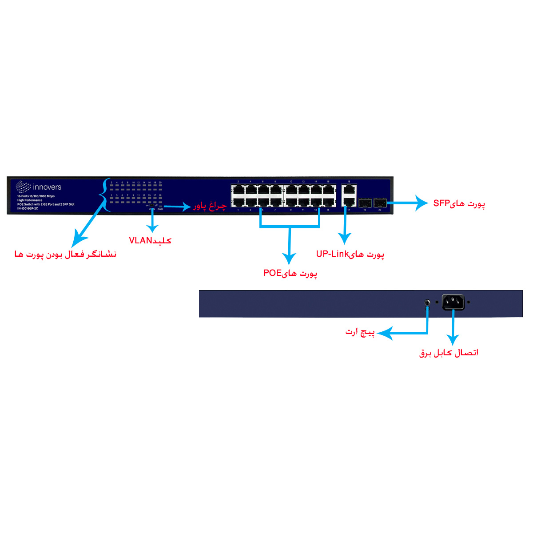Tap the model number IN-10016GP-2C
tap(28, 208)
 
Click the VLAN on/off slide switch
tap(152, 205)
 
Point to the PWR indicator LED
tap(160, 206)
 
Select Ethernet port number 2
tap(239, 190)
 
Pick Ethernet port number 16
tap(329, 190)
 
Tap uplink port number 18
tap(349, 190)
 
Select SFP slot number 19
tap(365, 203)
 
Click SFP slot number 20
tap(380, 203)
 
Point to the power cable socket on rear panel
tap(453, 302)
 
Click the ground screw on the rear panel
tap(427, 302)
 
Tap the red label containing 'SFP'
tap(459, 203)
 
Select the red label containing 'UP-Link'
tap(350, 254)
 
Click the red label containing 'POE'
tap(290, 273)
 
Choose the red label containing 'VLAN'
tap(150, 240)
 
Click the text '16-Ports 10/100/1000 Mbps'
tap(36, 196)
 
